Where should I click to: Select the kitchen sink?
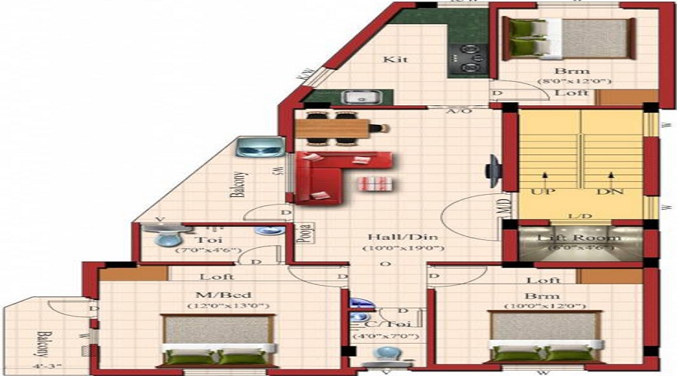354,97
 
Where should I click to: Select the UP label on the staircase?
542,192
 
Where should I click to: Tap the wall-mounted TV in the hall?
492,171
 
